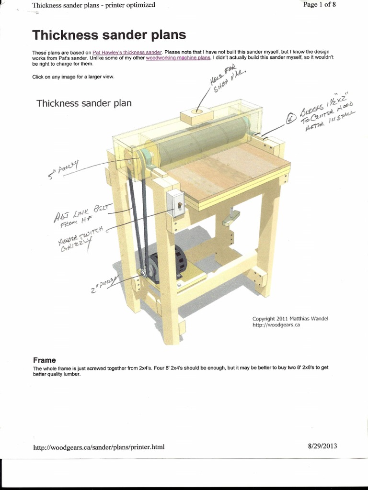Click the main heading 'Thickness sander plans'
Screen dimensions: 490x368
coord(109,35)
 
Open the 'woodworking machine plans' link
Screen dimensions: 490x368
coord(178,57)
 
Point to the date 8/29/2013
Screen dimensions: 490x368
coord(322,446)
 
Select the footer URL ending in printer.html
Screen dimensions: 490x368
coord(99,447)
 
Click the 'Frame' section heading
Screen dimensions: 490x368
coord(44,360)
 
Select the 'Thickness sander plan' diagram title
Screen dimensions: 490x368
coord(84,103)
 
